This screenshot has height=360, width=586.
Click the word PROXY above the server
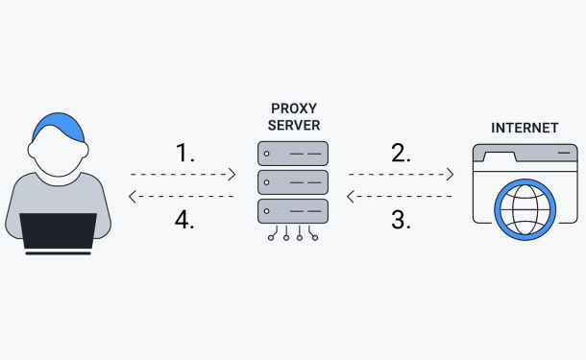(x=294, y=108)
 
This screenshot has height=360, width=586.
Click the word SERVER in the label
(x=294, y=126)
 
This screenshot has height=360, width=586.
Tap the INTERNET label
(x=525, y=128)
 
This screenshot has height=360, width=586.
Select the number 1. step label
(x=185, y=153)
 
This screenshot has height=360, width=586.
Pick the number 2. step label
(x=401, y=153)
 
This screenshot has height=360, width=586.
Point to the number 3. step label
(x=401, y=220)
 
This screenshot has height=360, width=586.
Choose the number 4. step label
(x=184, y=220)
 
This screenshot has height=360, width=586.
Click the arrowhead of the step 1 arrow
(x=232, y=175)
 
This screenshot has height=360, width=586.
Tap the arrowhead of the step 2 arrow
(x=451, y=175)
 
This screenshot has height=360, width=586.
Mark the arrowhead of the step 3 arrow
(x=351, y=197)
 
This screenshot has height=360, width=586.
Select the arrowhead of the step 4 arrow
(x=132, y=197)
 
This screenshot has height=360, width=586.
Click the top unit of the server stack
(x=293, y=154)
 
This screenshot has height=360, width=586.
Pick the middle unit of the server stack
(x=293, y=182)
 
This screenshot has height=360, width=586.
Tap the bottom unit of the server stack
(x=293, y=211)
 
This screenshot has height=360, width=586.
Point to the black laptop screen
(x=59, y=230)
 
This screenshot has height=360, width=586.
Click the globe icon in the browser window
(x=525, y=209)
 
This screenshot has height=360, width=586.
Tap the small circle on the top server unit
(x=266, y=154)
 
